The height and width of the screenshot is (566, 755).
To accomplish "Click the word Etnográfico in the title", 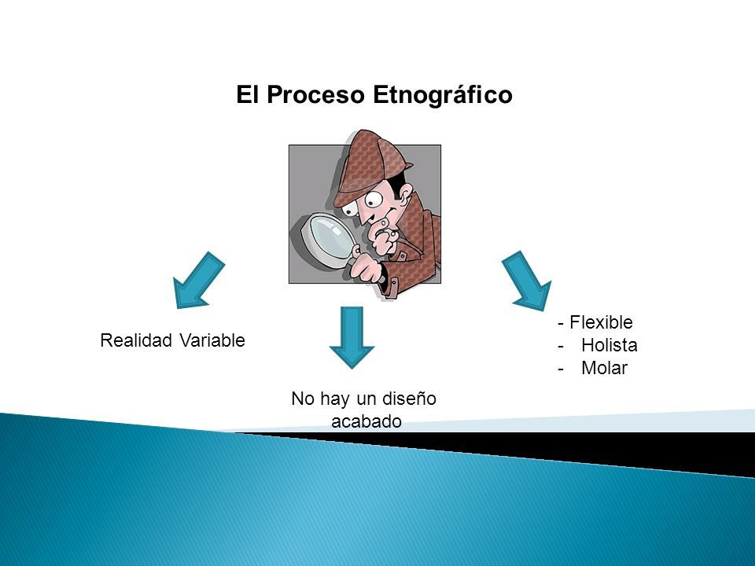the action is pyautogui.click(x=442, y=96).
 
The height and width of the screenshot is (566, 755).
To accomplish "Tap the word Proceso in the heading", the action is pyautogui.click(x=315, y=95).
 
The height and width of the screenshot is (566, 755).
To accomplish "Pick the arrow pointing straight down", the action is pyautogui.click(x=352, y=338).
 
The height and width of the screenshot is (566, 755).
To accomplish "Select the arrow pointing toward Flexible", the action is pyautogui.click(x=528, y=281).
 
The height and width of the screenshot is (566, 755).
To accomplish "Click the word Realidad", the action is pyautogui.click(x=136, y=340).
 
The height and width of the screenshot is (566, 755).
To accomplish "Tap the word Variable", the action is pyautogui.click(x=212, y=340).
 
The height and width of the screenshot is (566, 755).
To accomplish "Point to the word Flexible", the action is pyautogui.click(x=601, y=322).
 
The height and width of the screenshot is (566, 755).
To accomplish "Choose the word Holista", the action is pyautogui.click(x=609, y=345).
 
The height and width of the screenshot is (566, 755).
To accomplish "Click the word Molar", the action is pyautogui.click(x=604, y=368).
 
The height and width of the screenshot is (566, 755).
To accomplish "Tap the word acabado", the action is pyautogui.click(x=366, y=421).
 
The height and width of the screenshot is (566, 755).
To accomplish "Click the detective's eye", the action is pyautogui.click(x=373, y=200).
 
